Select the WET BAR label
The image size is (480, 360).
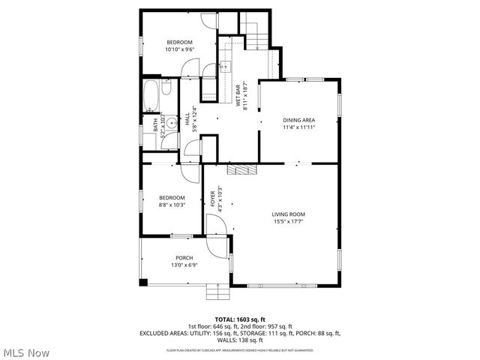(239, 97)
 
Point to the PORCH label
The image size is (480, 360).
(184, 258)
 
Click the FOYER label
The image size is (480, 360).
(212, 199)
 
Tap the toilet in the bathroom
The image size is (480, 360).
(167, 90)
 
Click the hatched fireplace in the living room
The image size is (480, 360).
(241, 169)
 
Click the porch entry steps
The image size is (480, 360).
(217, 290)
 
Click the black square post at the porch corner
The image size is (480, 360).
(144, 282)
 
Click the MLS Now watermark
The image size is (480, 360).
(26, 352)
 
